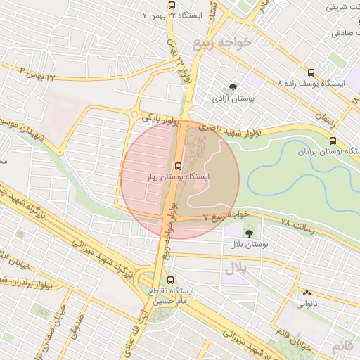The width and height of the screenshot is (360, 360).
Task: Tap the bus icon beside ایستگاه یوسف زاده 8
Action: click(311, 72)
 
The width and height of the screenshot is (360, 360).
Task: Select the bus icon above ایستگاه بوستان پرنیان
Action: click(333, 140)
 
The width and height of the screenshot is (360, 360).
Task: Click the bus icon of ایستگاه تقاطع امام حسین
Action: click(169, 279)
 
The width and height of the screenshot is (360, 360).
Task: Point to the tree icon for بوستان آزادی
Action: click(233, 87)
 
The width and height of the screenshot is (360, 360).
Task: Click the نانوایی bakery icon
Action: click(306, 293)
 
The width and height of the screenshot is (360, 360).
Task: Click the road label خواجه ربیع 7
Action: click(225, 213)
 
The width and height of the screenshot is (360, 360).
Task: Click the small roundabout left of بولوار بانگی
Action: click(134, 114)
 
